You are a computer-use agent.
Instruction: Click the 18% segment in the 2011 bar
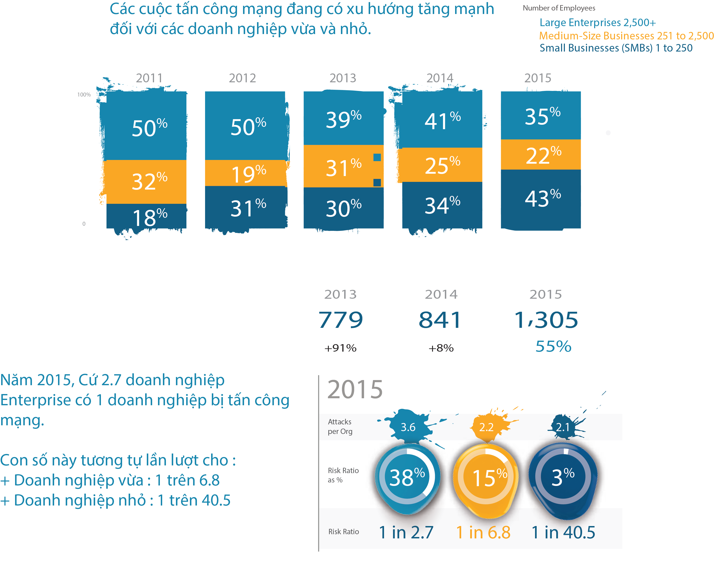point(146,216)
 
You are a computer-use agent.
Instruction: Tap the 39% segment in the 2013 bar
point(343,118)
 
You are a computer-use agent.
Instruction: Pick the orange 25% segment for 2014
point(442,165)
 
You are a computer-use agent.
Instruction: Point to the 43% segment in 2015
point(541,199)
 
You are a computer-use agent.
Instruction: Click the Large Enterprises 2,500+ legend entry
point(597,23)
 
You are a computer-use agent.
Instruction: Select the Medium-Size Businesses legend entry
point(626,35)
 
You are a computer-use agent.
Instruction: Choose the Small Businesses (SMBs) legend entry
point(616,48)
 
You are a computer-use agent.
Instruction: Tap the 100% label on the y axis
point(84,95)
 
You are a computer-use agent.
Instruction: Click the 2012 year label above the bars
point(242,78)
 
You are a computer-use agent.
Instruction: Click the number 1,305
point(546,320)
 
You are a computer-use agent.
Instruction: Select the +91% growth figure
point(340,348)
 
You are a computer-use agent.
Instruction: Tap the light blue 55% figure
point(553,346)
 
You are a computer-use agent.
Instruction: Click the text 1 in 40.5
point(563,533)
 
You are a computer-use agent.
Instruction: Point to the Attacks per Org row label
point(340,426)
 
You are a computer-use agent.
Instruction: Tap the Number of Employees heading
point(559,8)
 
